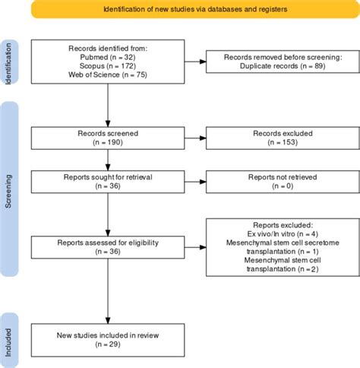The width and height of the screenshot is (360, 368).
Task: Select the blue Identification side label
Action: (x=9, y=68)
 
